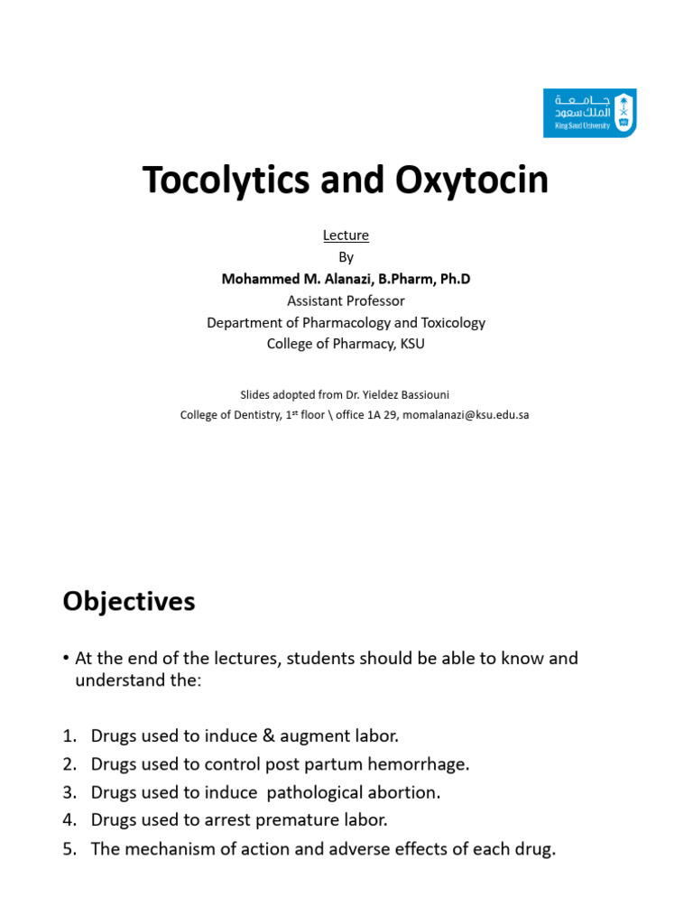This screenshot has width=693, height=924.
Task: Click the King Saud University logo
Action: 589,113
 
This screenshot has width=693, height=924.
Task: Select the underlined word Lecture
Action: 346,236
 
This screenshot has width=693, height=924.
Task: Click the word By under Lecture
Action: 346,257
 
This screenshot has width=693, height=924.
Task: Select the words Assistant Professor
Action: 346,300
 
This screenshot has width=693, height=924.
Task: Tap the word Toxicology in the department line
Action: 447,322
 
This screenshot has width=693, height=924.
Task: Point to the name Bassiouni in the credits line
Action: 423,394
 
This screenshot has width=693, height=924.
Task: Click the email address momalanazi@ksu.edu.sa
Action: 465,415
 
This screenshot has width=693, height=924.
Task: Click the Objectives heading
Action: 129,602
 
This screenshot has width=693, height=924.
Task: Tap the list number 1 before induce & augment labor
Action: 69,736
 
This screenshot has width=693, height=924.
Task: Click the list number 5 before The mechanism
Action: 69,849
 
